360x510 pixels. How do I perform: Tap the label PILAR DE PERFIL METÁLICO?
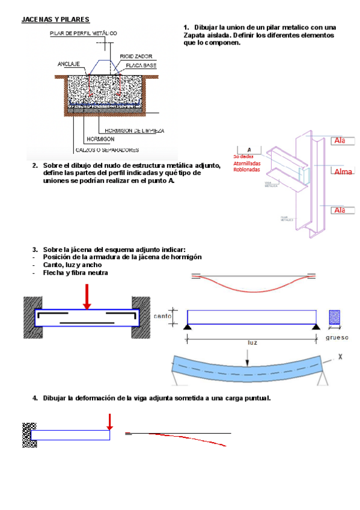(83, 33)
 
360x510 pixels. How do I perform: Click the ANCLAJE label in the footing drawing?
(69, 63)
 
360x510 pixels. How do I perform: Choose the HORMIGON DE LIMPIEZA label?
(135, 130)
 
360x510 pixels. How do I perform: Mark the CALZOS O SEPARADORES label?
(108, 150)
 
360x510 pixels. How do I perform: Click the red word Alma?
(343, 172)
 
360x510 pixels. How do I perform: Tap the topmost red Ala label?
(340, 141)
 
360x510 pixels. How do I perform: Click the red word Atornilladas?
(251, 162)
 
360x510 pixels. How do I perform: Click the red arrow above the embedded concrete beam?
(87, 297)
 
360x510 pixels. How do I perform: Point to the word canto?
(163, 316)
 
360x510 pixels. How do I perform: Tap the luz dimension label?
(252, 342)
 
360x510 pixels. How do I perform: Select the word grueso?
(337, 337)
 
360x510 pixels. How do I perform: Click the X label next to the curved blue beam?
(340, 357)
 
